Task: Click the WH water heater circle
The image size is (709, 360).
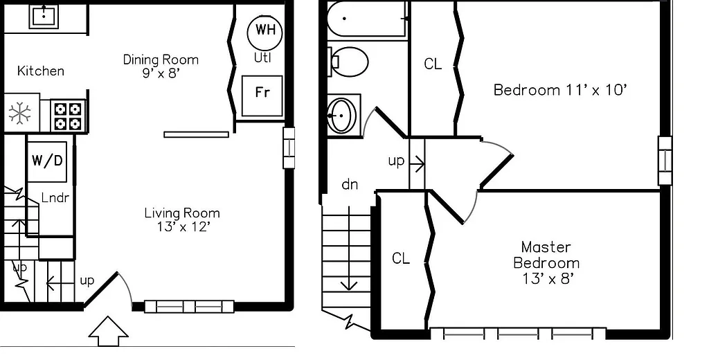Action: tap(264, 30)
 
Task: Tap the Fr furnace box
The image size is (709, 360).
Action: tap(262, 94)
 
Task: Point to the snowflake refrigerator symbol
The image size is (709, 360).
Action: tap(19, 114)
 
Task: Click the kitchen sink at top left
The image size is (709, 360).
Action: tap(44, 15)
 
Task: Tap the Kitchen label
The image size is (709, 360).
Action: tap(41, 71)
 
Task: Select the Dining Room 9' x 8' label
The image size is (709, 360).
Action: tap(161, 66)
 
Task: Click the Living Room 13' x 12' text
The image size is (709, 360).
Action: tap(182, 219)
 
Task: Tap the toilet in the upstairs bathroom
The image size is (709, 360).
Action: tap(349, 62)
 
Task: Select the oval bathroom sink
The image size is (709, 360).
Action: tap(341, 114)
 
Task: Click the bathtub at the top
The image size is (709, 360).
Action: tap(366, 19)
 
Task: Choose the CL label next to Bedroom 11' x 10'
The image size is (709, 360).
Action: tap(433, 64)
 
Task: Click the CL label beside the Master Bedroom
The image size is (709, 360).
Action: tap(401, 258)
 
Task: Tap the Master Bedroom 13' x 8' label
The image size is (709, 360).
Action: tap(546, 262)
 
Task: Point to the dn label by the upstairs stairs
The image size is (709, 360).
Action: tap(350, 185)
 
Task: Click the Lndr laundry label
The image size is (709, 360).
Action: tap(55, 198)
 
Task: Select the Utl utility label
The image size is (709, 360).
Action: tap(262, 58)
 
